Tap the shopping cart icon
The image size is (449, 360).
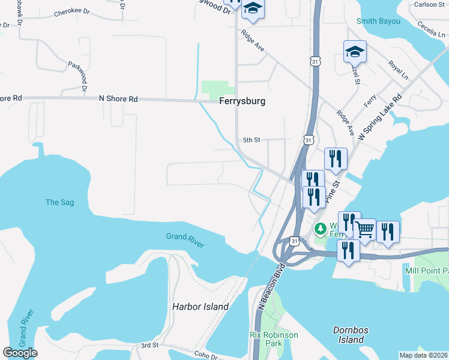coord(364,229)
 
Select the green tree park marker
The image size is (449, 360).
coord(321,229)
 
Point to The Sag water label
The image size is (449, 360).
coord(60,202)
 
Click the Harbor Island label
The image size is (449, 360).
coord(200,307)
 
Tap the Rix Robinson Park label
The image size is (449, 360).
coord(266,339)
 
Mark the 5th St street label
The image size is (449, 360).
coord(251,140)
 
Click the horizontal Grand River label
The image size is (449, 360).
coord(185,241)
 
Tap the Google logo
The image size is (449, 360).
coord(20,353)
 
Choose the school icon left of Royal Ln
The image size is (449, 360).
coord(355,52)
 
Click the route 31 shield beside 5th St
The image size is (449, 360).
coord(308,139)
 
